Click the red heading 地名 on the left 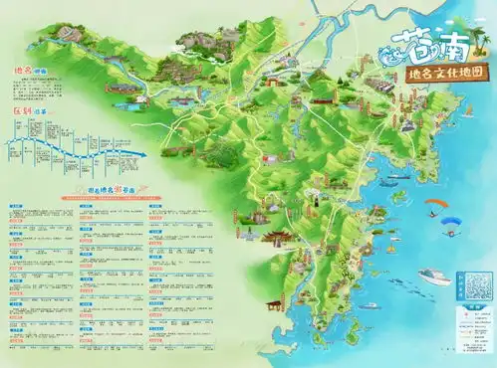tap(22, 71)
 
